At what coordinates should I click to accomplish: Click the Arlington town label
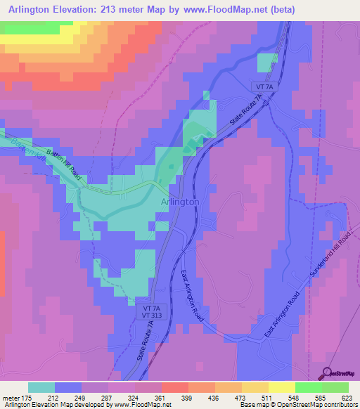pyautogui.click(x=180, y=202)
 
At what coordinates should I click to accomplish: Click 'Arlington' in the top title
pyautogui.click(x=32, y=9)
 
